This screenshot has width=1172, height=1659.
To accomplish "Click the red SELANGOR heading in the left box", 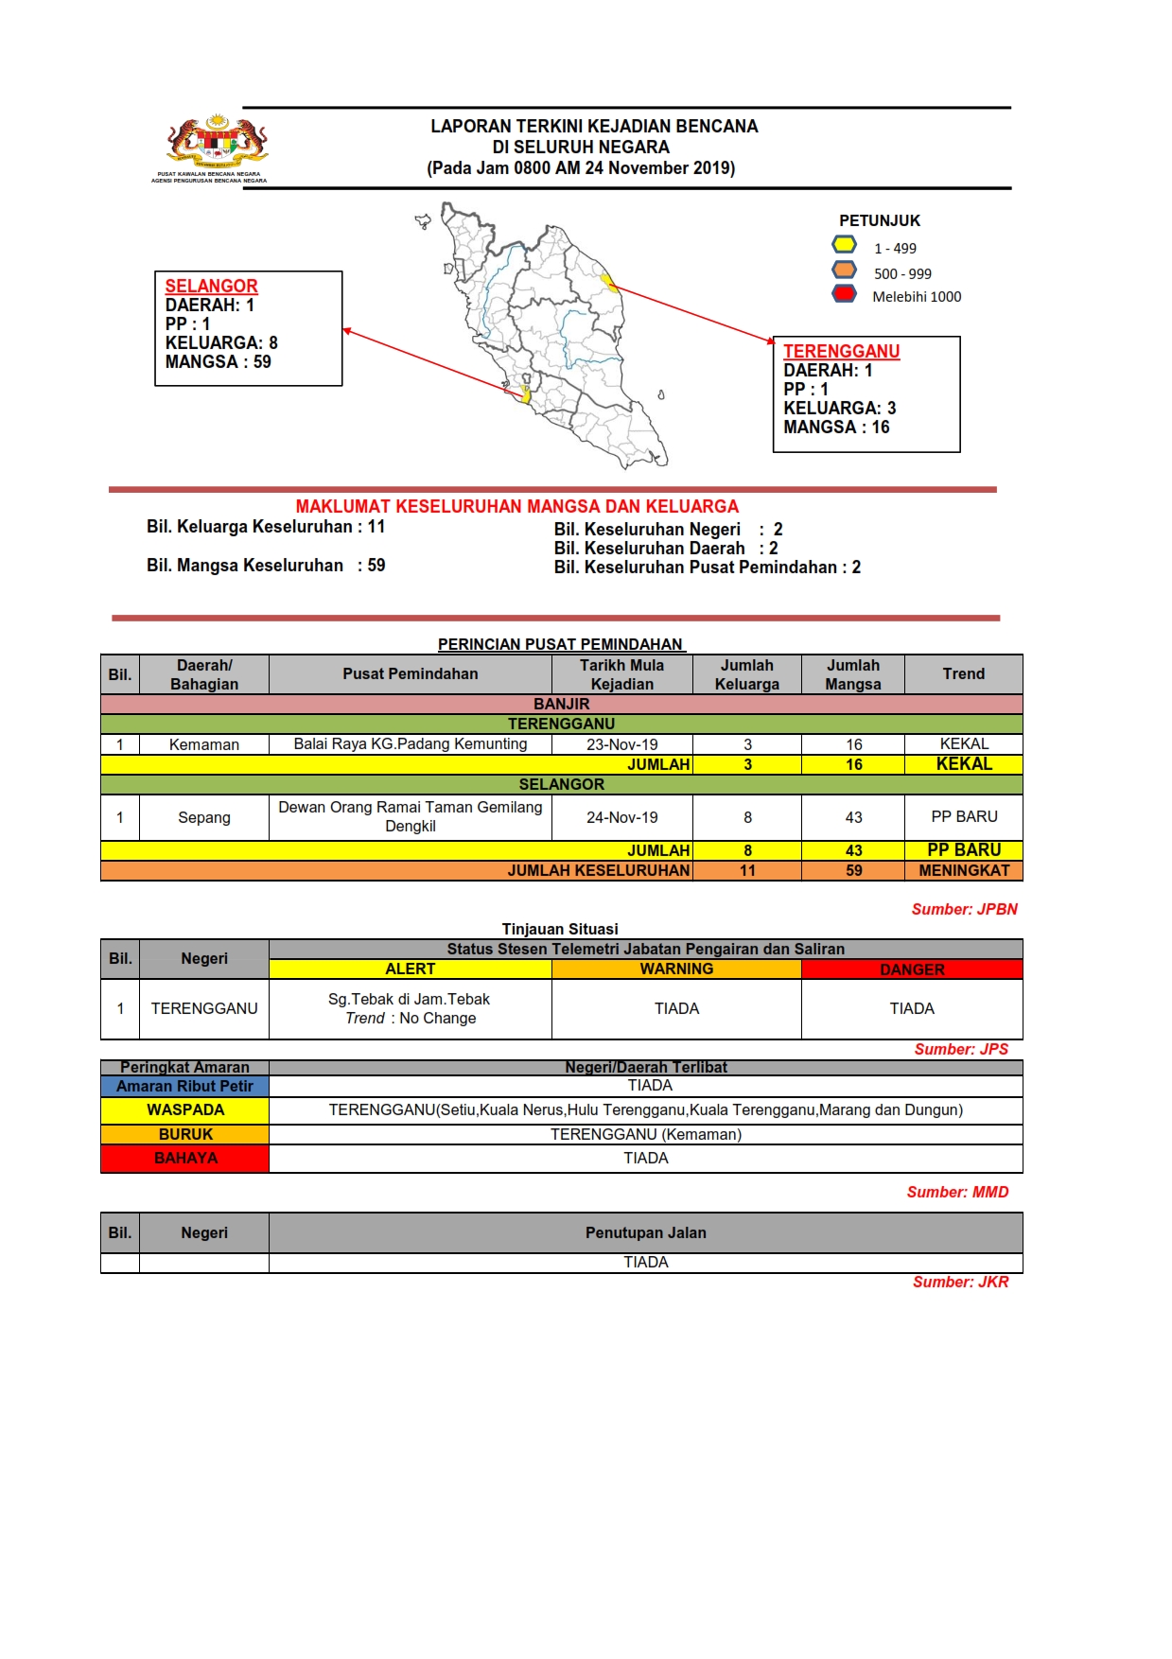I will tap(211, 286).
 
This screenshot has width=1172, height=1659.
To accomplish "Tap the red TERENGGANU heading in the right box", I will tap(841, 351).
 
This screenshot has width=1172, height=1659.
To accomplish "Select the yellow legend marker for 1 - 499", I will tap(845, 245).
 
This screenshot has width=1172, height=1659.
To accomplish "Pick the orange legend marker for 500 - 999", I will tap(845, 270).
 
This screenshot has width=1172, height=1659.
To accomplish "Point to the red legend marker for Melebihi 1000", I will tap(845, 294).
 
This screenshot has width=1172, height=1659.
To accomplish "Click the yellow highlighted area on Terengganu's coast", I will tap(608, 281).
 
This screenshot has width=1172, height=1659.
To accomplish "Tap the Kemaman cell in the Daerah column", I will tap(204, 744).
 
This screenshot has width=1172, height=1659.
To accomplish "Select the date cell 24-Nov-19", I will tap(621, 817).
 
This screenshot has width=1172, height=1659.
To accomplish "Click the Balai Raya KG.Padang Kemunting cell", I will tap(410, 743).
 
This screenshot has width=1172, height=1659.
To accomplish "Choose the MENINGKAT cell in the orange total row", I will tap(963, 870).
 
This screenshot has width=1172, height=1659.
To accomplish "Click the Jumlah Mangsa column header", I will tap(852, 674).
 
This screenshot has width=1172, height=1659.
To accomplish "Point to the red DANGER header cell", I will tap(911, 969).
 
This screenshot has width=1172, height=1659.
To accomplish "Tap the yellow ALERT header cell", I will tap(410, 969).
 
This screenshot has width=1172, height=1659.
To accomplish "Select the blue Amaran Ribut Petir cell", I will tap(184, 1087).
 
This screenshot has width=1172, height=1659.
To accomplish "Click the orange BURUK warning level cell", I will tap(184, 1134).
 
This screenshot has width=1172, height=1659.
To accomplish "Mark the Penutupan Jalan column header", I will tap(645, 1232).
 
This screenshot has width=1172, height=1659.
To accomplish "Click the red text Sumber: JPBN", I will tap(964, 909).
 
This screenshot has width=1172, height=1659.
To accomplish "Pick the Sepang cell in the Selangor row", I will tap(204, 817).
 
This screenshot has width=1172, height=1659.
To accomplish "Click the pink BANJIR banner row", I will tap(561, 704).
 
